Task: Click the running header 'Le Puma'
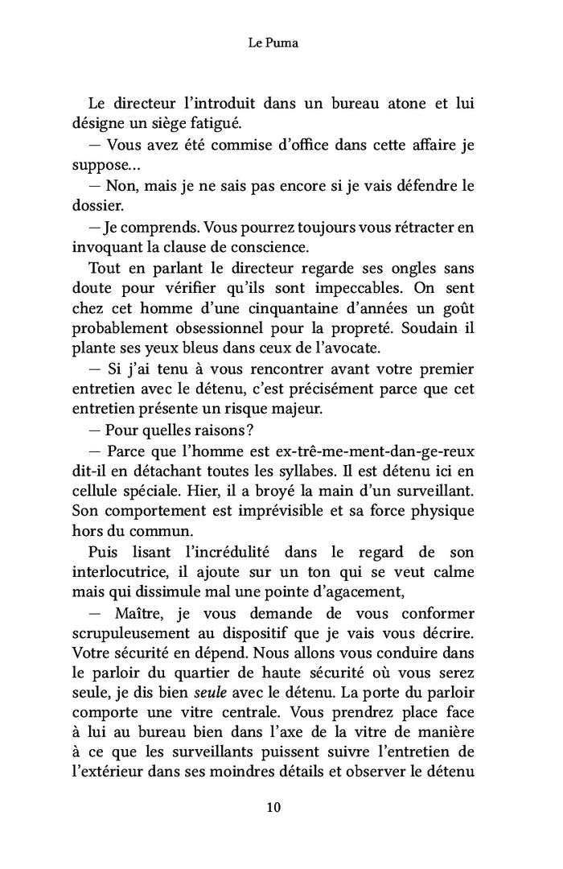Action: [273, 43]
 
